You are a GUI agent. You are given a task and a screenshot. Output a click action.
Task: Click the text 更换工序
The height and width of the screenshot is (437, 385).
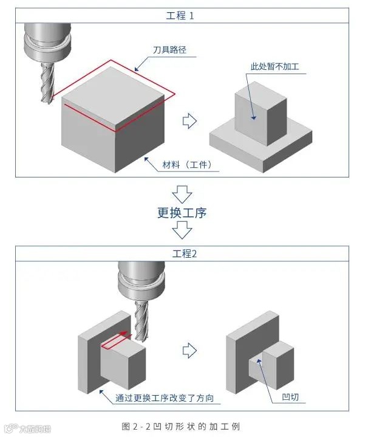pos(182,213)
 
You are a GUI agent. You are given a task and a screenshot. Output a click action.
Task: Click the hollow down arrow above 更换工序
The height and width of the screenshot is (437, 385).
pos(182,193)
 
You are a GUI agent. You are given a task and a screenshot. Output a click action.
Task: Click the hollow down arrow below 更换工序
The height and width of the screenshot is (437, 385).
pos(182,230)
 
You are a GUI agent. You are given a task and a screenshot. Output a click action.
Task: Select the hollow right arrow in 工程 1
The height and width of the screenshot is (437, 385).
pos(190,120)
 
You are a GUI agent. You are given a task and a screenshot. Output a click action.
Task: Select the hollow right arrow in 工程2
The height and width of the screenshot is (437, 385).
pos(190,350)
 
